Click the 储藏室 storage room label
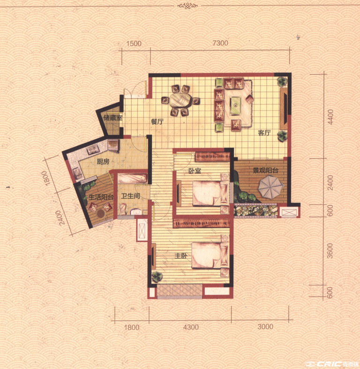(113, 118)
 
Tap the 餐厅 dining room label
(157, 122)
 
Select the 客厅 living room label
(264, 133)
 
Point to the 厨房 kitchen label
(103, 162)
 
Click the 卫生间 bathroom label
(130, 196)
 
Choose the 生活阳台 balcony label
(101, 197)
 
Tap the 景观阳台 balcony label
(265, 170)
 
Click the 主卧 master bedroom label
(181, 256)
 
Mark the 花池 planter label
(255, 210)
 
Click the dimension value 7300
(220, 43)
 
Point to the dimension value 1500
(134, 44)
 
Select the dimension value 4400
(330, 117)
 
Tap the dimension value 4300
(191, 327)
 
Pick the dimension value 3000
(265, 327)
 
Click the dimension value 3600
(330, 251)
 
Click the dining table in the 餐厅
(181, 100)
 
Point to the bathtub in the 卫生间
(133, 179)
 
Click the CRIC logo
(333, 364)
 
